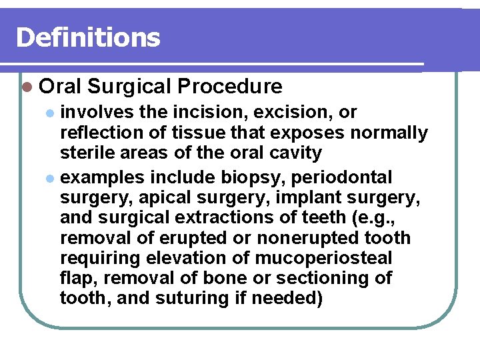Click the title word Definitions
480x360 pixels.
(88, 37)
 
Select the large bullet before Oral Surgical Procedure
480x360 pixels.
(27, 87)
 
